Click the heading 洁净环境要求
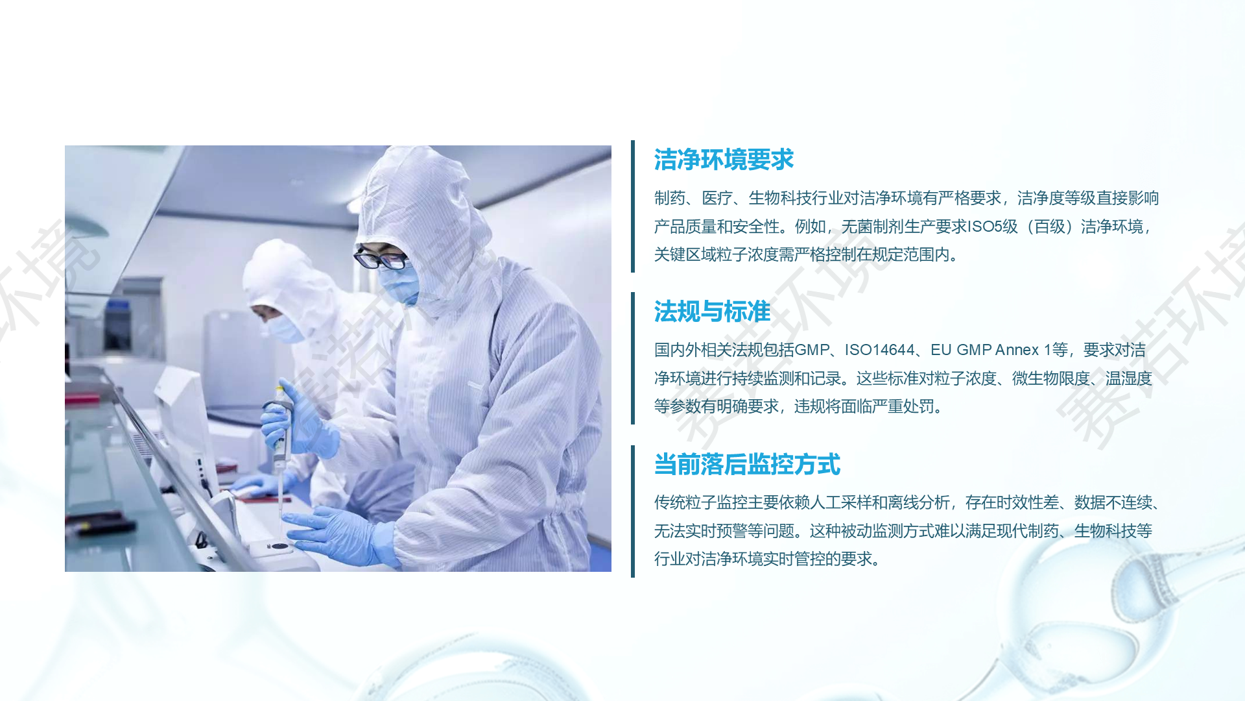coord(724,160)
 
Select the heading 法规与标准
coord(712,312)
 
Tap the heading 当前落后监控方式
coord(747,465)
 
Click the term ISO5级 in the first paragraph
coord(993,227)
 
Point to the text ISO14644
coord(879,350)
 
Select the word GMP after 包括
coord(812,350)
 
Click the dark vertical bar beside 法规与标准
coord(633,358)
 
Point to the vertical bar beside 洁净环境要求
coord(633,206)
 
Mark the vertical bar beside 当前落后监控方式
coord(633,511)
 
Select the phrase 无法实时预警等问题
coord(724,531)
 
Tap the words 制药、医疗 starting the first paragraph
coord(693,198)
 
